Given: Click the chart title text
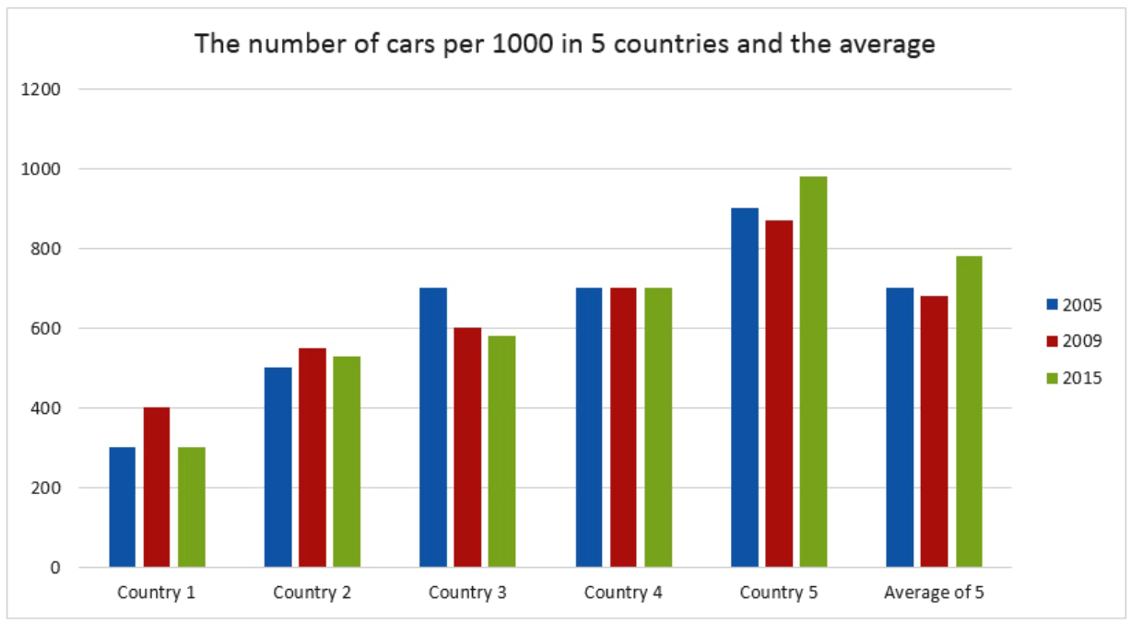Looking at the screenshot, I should (x=564, y=43).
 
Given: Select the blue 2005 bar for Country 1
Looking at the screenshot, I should (x=122, y=507).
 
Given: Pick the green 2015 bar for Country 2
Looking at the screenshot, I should (x=347, y=461).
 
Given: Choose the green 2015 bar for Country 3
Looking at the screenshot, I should (x=501, y=451).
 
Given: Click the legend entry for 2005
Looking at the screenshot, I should (x=1074, y=305).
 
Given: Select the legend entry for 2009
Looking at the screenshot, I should (x=1074, y=341).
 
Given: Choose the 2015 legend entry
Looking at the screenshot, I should (x=1074, y=378).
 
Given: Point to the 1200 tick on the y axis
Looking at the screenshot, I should (x=42, y=89).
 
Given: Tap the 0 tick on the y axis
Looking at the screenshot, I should (x=55, y=568).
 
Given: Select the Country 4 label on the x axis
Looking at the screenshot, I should (x=623, y=593).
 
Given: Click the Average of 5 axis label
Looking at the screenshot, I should (x=934, y=593).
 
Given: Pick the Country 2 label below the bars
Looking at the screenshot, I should (x=312, y=593).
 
